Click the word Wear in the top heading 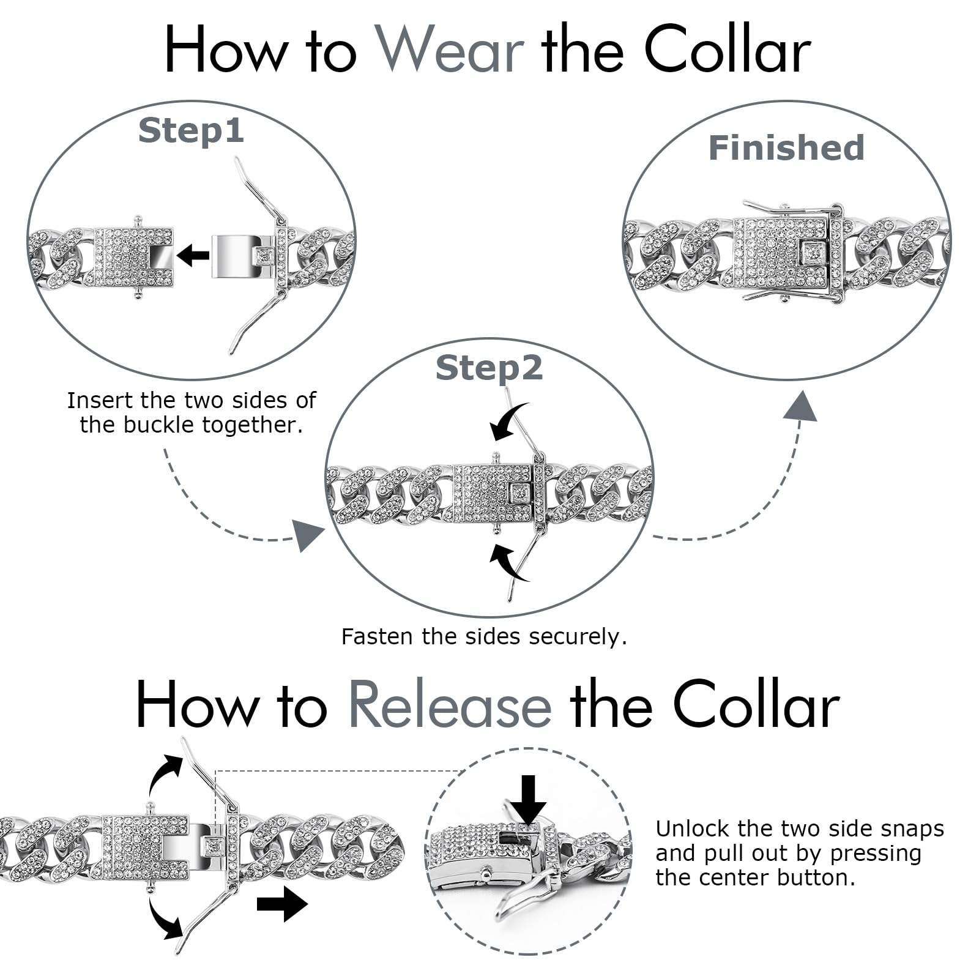pos(449,50)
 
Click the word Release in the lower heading pos(450,705)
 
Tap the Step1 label pos(191,131)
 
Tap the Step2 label pos(489,368)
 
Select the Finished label pos(786,148)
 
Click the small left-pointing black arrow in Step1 pos(193,255)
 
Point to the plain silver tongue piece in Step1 pos(233,256)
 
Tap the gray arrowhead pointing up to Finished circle pos(800,407)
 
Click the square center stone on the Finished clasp pos(814,251)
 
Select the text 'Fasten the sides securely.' pos(484,636)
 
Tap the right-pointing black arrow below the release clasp pos(282,904)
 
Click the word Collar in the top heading pos(728,50)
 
